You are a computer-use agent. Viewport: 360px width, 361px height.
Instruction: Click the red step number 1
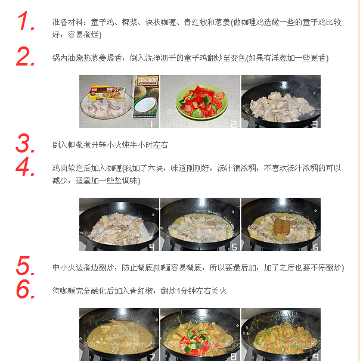tap(27, 21)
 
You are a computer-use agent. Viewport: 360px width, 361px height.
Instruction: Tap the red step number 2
tap(27, 57)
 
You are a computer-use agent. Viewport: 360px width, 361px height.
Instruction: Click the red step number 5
tap(27, 266)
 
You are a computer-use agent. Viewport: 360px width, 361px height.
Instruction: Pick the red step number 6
tap(27, 290)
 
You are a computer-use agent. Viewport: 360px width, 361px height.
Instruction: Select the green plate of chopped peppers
tap(201, 101)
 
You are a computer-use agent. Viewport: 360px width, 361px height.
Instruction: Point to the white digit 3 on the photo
tap(315, 123)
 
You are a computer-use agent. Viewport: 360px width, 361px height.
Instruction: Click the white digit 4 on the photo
tap(153, 246)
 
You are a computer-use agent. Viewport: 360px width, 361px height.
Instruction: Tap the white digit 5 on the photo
tap(234, 246)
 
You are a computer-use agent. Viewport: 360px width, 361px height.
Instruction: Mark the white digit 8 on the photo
tap(234, 357)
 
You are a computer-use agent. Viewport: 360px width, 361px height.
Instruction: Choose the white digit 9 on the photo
tap(315, 357)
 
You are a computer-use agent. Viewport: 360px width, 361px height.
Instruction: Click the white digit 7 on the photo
tap(153, 357)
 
